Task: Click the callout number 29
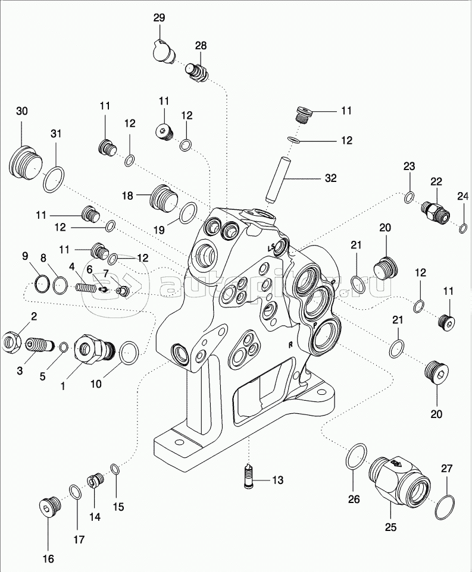(x=159, y=18)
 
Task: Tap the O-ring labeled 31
(x=53, y=179)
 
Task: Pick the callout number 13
(x=279, y=480)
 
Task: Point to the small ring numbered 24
(x=463, y=226)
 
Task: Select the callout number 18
(x=127, y=195)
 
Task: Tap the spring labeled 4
(x=86, y=287)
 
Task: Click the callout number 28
(x=200, y=46)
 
